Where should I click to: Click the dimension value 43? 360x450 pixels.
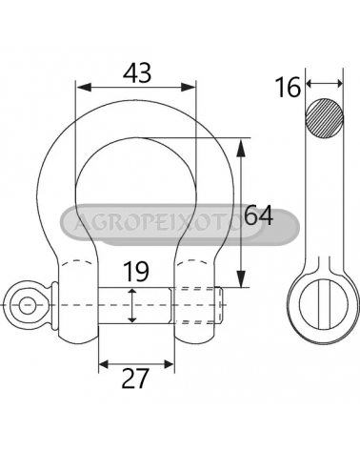(137, 72)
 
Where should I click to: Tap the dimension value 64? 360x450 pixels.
(259, 215)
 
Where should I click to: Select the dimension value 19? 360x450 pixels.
(135, 272)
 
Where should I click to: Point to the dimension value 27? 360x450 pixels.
(135, 378)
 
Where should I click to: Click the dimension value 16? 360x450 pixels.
(288, 88)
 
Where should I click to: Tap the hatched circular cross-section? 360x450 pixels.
(324, 118)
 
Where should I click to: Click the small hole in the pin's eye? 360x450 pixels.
(27, 305)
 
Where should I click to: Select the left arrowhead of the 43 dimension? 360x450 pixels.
(84, 87)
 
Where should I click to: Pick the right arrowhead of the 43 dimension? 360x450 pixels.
(188, 87)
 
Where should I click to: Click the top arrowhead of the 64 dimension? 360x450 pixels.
(242, 148)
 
